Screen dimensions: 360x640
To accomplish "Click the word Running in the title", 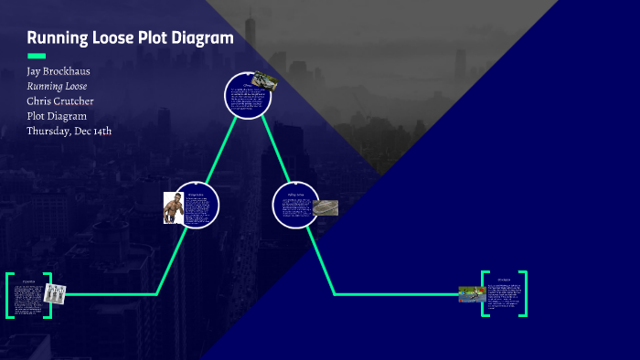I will (x=56, y=38).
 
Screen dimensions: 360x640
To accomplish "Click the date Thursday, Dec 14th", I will (x=69, y=131).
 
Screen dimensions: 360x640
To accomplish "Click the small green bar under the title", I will (x=37, y=56).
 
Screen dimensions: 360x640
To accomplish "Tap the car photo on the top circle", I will (x=265, y=80).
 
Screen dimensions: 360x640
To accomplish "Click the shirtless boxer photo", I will (x=173, y=207).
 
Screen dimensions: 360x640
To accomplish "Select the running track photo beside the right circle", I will (x=325, y=207).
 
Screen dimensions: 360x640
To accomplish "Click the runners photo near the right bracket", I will (x=472, y=293).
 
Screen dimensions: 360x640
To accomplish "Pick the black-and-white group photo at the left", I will (x=56, y=294).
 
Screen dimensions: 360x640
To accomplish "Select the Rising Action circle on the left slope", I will (x=197, y=206).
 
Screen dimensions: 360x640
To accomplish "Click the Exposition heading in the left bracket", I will (x=28, y=281).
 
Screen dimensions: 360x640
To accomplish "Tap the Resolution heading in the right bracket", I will (x=504, y=280).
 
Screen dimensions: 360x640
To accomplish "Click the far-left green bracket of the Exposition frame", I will (x=8, y=294).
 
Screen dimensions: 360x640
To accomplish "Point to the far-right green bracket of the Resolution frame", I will (x=525, y=293).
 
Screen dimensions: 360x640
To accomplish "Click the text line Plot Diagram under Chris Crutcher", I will (x=57, y=116).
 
